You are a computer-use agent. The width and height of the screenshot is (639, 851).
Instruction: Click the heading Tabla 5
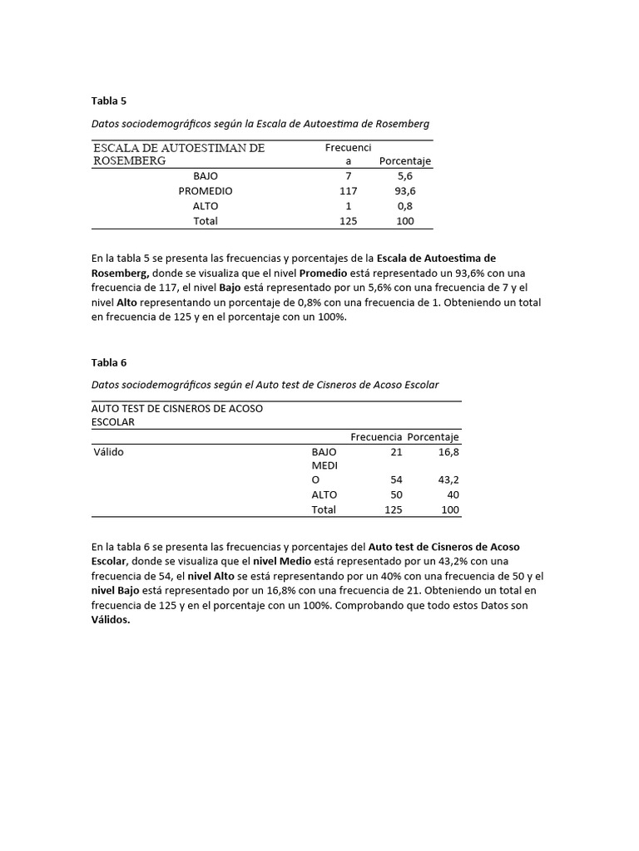109,101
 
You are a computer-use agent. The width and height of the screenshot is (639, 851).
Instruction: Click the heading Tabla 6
109,362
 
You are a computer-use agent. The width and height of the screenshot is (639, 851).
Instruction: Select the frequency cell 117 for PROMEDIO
349,191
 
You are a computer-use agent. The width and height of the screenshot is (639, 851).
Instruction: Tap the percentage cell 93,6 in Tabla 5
404,191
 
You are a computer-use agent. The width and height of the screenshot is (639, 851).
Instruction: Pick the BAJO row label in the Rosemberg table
206,176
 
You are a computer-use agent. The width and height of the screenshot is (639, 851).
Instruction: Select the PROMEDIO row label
206,191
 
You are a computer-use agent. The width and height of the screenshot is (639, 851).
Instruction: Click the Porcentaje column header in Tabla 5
405,161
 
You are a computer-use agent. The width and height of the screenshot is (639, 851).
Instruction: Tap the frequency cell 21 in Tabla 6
396,451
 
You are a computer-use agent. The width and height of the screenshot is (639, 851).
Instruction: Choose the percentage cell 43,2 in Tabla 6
448,480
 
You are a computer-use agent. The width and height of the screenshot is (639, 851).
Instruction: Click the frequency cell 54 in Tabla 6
396,480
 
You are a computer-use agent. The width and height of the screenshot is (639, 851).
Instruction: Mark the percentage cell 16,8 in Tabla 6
448,451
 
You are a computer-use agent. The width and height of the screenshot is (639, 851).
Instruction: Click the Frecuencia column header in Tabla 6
376,437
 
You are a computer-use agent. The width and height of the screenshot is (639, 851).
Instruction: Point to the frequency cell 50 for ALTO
396,494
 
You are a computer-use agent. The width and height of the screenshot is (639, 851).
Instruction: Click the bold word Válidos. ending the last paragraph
111,620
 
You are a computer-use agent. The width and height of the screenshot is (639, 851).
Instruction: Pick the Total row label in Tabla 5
206,221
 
